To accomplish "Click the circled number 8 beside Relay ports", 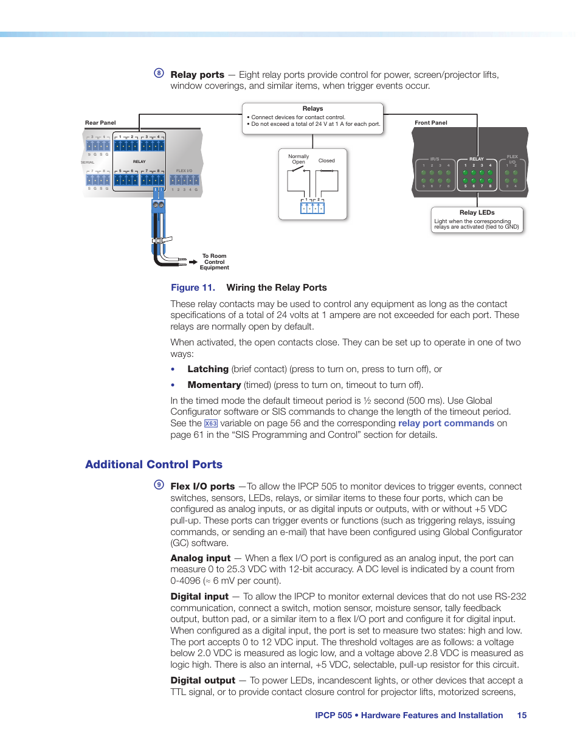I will (159, 73).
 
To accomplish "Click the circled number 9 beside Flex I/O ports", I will (159, 485).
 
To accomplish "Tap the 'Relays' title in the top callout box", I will (312, 109).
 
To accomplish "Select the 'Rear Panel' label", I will (100, 123).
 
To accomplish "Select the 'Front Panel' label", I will (430, 123).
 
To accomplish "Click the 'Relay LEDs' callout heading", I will (477, 213).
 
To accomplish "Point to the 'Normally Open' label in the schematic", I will (299, 159).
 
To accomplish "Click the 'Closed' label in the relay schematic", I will (326, 161).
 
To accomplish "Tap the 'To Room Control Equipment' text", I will (215, 262).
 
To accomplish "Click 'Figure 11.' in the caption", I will (193, 288).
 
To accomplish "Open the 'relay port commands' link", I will (446, 423).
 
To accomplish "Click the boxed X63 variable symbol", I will (210, 424).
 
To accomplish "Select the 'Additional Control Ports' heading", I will (154, 465).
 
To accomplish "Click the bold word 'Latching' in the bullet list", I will (208, 369).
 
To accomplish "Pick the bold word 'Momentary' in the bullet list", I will (214, 385).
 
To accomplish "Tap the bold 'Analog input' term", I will (201, 558).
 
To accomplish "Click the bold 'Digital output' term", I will (202, 680).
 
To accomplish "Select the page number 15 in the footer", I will (522, 716).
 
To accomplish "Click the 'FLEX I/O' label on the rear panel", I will (184, 171).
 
